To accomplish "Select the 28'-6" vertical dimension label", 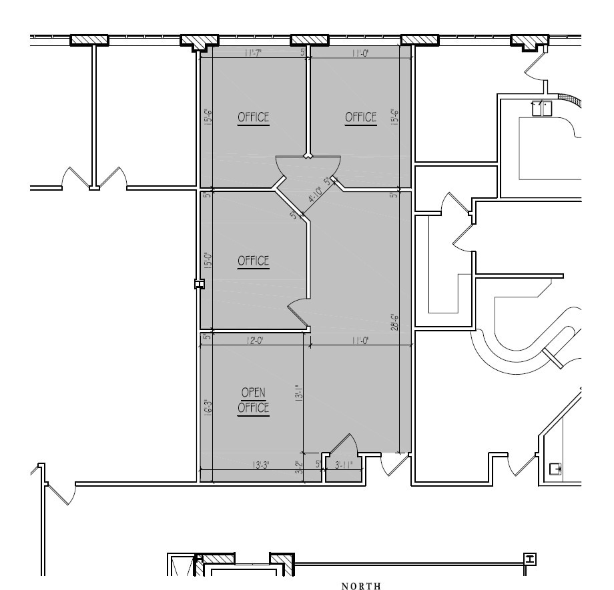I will (x=395, y=323).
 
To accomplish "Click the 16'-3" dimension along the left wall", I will (x=208, y=407).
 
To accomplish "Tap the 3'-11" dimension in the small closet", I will (x=344, y=465).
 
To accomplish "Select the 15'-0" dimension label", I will (x=208, y=260).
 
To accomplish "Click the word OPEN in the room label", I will (x=254, y=393).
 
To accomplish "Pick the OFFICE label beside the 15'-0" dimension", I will (x=254, y=261).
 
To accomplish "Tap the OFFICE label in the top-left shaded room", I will (x=254, y=117).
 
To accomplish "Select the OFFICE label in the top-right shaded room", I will (x=361, y=117).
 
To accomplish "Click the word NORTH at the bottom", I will (x=361, y=586).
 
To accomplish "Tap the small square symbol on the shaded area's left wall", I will (x=199, y=284).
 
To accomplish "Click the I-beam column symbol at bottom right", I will (x=531, y=559).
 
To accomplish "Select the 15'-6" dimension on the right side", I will (x=395, y=118).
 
